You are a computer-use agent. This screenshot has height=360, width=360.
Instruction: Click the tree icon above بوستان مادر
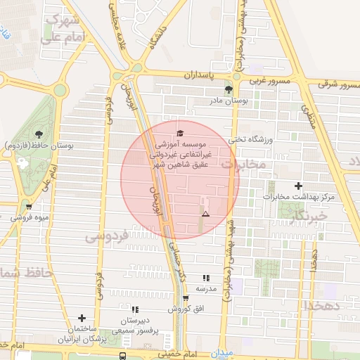229,89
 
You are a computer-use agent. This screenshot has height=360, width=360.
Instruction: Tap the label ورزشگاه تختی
252,139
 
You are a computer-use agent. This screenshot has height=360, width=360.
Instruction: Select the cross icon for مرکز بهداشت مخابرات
299,186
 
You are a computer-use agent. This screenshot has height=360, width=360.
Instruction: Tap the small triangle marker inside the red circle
205,213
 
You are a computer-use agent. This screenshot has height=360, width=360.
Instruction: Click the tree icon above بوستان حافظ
38,134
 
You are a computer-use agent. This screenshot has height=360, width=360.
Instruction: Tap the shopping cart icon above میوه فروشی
28,207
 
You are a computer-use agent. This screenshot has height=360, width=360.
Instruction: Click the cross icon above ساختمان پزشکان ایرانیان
82,319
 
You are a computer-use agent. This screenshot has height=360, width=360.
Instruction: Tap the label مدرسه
206,289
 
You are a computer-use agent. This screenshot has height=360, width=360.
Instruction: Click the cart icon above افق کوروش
186,298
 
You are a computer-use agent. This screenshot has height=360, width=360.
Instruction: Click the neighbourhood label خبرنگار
309,213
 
